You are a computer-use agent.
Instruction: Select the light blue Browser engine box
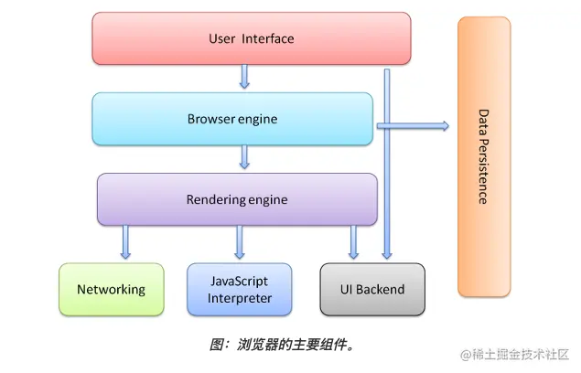(x=232, y=119)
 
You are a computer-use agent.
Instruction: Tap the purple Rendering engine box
(x=237, y=199)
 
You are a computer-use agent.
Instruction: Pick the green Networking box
(x=111, y=290)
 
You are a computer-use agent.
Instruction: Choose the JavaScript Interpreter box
(x=240, y=290)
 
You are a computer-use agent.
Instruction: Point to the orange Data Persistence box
(x=484, y=155)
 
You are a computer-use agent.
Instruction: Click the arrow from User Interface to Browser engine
(x=244, y=77)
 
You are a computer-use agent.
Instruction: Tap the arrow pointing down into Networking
(x=125, y=242)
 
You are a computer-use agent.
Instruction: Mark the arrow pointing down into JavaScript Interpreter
(x=240, y=242)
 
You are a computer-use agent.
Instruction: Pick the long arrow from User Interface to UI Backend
(x=387, y=183)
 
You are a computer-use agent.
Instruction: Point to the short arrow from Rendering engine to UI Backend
(x=354, y=242)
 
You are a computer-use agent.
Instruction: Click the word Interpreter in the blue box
(x=239, y=299)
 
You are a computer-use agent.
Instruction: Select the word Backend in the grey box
(x=382, y=290)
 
